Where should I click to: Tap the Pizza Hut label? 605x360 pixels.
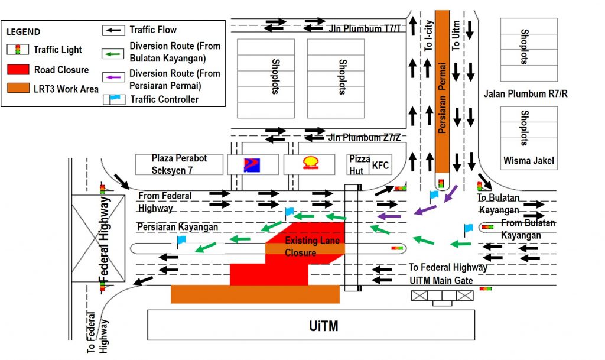coord(359,164)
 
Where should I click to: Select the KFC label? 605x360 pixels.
coord(380,166)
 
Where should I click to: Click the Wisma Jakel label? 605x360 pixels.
coord(528,160)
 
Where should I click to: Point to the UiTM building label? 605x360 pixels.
coord(324,326)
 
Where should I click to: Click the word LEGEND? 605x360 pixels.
coord(24,31)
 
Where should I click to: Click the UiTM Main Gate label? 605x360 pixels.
coord(441,280)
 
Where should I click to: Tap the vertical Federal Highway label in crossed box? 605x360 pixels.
coord(105,238)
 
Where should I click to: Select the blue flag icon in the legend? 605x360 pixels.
coord(115,98)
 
